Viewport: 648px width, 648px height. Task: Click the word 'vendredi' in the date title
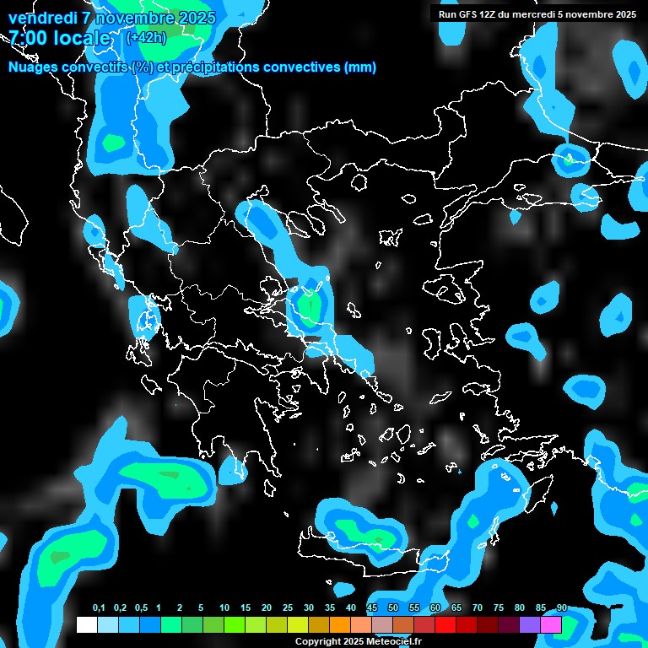click(43, 18)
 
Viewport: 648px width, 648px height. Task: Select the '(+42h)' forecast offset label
click(146, 37)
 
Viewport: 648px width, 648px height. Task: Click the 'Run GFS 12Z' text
click(469, 14)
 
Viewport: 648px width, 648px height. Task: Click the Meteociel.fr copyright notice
click(358, 641)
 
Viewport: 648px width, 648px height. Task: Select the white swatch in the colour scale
click(86, 624)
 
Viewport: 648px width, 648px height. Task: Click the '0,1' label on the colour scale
click(99, 608)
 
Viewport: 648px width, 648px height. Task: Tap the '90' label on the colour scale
click(562, 608)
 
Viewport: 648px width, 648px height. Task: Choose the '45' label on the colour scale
click(372, 608)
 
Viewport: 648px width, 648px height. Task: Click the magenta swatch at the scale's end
click(551, 624)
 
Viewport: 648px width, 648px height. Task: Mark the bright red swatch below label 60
click(445, 624)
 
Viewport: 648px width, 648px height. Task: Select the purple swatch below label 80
click(530, 624)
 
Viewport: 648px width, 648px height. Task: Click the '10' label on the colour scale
click(224, 608)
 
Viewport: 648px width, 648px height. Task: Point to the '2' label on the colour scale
click(180, 608)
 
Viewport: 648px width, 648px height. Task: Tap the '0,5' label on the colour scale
click(142, 608)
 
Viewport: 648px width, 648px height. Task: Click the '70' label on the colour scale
click(478, 608)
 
